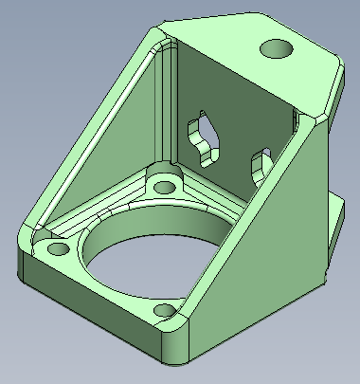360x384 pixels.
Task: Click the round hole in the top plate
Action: [x=278, y=47]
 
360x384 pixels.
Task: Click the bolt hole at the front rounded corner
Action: [x=167, y=310]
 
